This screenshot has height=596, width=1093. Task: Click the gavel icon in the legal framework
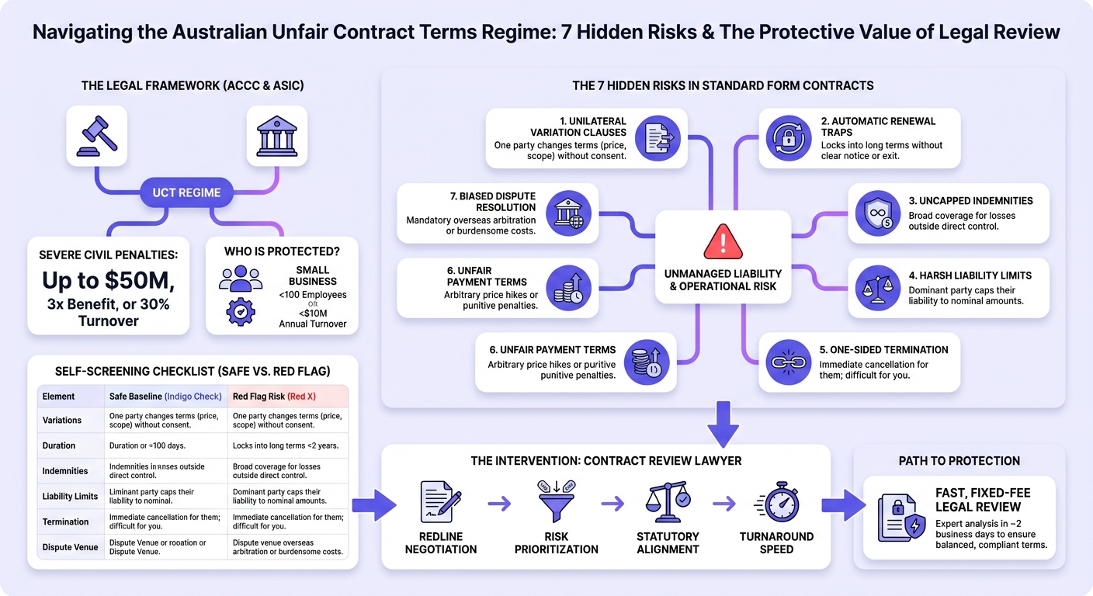[96, 136]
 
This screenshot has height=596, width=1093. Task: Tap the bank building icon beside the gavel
[276, 136]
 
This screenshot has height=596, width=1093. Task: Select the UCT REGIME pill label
[186, 192]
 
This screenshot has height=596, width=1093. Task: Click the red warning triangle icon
[723, 241]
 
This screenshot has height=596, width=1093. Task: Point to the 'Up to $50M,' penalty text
[109, 280]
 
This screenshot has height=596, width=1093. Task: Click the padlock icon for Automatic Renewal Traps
[788, 138]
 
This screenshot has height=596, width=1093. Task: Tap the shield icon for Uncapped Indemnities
[877, 213]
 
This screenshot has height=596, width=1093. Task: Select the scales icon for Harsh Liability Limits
[877, 288]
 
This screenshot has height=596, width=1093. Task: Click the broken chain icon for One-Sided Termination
[788, 362]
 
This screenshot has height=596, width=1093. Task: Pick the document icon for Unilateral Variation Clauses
[658, 138]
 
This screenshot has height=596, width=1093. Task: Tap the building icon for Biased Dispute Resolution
[568, 213]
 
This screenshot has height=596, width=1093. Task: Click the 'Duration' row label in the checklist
[58, 445]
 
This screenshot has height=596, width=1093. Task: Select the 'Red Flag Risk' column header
[259, 397]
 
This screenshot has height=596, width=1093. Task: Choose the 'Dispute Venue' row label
[70, 547]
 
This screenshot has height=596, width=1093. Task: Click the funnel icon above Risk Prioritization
[557, 501]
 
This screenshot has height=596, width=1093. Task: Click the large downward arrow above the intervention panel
[723, 424]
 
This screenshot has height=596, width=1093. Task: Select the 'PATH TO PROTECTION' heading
[959, 461]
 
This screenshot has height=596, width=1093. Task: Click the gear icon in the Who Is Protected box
[240, 312]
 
